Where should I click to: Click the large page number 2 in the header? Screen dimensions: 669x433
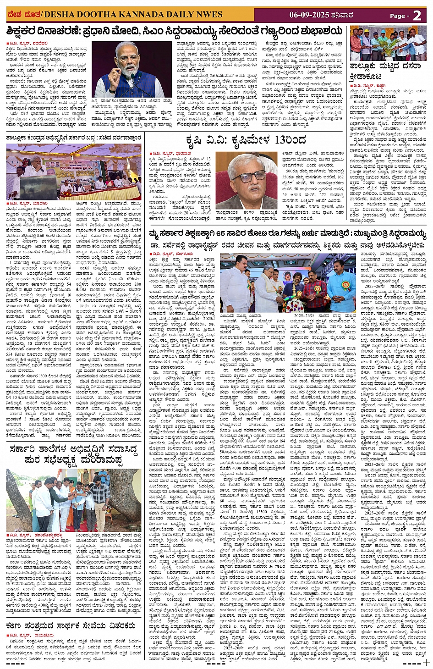(x=417, y=15)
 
